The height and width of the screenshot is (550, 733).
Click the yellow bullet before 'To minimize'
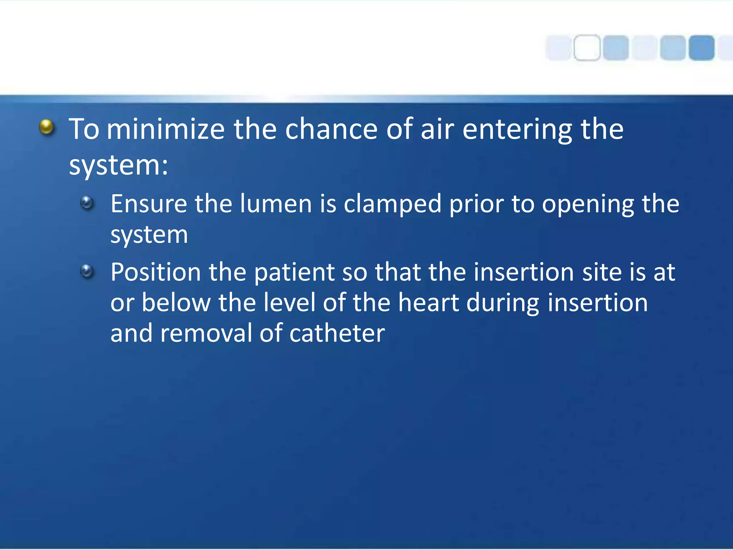click(47, 127)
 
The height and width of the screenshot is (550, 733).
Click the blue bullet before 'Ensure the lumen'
click(87, 203)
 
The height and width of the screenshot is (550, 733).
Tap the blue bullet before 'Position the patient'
click(87, 271)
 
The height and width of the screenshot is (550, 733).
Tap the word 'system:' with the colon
click(118, 167)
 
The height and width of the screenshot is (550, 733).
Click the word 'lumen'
click(276, 204)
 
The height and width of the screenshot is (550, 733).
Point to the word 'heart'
click(428, 303)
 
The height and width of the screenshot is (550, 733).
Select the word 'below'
click(176, 303)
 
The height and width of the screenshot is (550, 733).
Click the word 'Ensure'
click(149, 204)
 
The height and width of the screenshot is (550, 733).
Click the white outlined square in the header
click(587, 48)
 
